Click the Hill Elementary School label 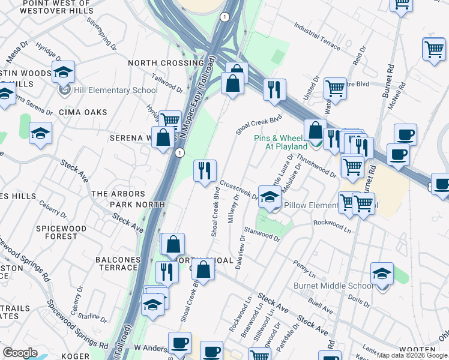[x=115, y=91]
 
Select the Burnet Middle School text [x=333, y=286]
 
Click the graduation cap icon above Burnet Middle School [x=382, y=274]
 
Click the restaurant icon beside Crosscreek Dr [x=205, y=171]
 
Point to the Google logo [x=20, y=353]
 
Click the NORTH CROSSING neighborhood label [x=166, y=63]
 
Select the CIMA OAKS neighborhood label [x=83, y=112]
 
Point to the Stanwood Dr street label [x=262, y=233]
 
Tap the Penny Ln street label [x=305, y=264]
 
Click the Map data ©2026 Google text [x=412, y=355]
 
